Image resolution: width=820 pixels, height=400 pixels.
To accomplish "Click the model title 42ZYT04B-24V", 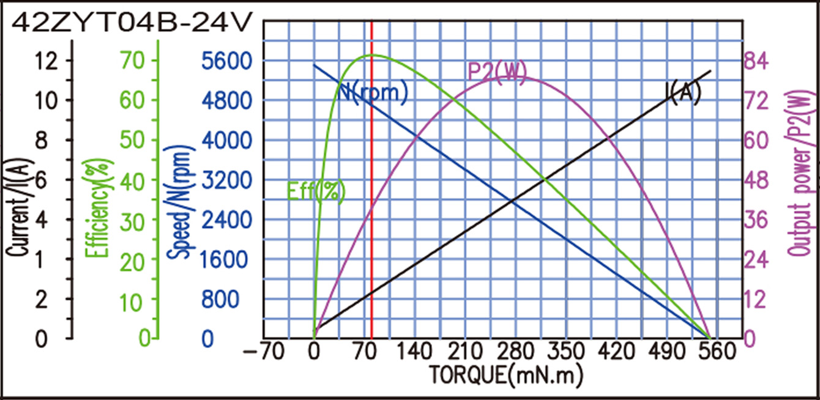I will [132, 23].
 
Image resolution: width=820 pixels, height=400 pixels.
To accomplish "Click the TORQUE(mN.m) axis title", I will [505, 372].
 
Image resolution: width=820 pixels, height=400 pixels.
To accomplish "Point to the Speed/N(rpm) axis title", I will [181, 202].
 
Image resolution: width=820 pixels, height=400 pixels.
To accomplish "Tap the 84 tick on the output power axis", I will [756, 61].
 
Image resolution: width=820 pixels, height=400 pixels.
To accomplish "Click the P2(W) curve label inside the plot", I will [497, 72].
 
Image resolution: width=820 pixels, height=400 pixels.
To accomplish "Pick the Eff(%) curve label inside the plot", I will [316, 191].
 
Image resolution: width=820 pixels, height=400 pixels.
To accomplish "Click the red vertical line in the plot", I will [372, 183].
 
